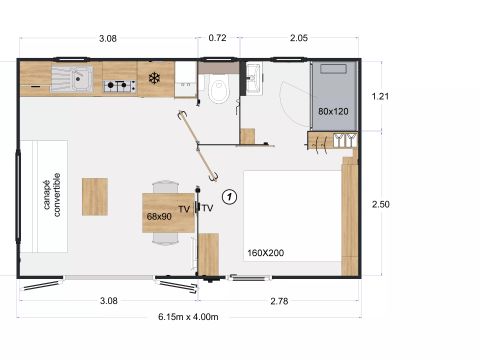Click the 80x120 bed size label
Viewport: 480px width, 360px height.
point(334,111)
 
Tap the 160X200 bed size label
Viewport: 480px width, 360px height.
point(265,253)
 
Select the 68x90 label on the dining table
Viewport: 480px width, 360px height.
point(160,215)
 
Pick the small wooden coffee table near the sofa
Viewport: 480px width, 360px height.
point(95,194)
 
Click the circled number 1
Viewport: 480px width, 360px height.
point(229,197)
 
